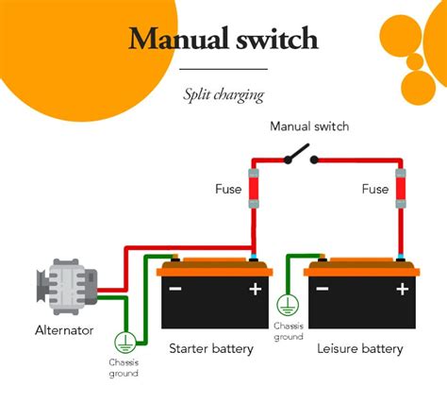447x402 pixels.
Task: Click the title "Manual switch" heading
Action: (223, 40)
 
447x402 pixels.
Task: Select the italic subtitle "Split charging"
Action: (223, 94)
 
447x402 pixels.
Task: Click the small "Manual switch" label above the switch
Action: (308, 126)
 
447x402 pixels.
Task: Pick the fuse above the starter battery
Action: (253, 189)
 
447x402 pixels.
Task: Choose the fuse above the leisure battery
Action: (400, 189)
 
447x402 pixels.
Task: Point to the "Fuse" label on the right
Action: (374, 190)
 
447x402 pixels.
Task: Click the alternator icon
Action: (64, 286)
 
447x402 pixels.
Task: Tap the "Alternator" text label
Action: (64, 330)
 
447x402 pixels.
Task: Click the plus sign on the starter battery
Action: (254, 289)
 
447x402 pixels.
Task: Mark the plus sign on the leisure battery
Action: (400, 289)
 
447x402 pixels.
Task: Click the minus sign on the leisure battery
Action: (323, 289)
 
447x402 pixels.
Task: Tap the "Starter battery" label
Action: (210, 348)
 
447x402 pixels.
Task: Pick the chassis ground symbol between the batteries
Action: (289, 305)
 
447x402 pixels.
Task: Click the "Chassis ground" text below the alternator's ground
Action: (124, 368)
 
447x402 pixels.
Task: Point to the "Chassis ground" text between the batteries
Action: (289, 331)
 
